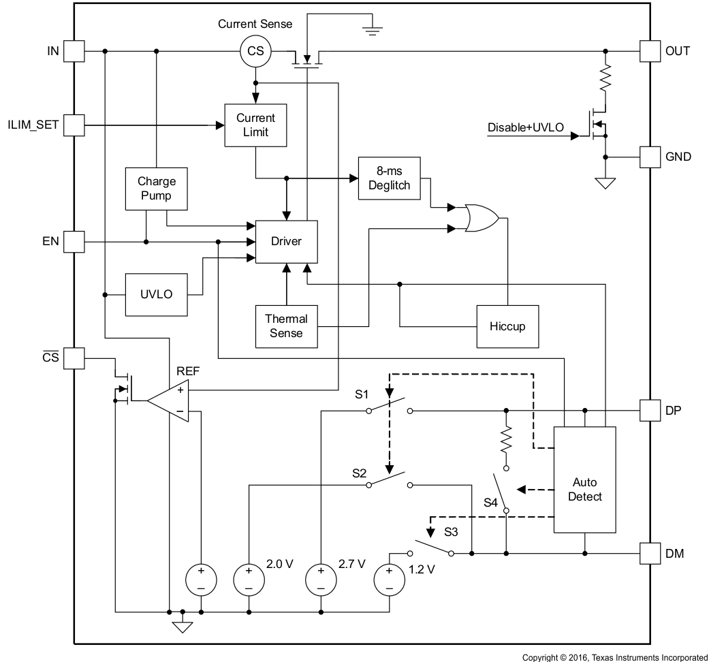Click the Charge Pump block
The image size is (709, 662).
(157, 189)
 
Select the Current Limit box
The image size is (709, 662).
(255, 125)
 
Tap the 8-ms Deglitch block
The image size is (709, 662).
(389, 178)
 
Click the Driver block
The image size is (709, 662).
(286, 241)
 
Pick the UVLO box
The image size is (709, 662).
(156, 295)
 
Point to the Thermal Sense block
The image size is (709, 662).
(286, 326)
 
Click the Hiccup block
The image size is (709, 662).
(507, 326)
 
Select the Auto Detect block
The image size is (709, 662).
(584, 480)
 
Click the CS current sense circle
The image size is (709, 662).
(255, 51)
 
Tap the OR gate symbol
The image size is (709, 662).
(480, 218)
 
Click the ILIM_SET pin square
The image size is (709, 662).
(74, 125)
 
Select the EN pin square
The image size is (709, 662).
(74, 241)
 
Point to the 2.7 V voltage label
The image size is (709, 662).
(352, 564)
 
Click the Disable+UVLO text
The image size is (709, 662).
(526, 127)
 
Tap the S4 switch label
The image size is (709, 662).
(490, 503)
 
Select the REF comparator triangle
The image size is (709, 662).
(169, 401)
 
